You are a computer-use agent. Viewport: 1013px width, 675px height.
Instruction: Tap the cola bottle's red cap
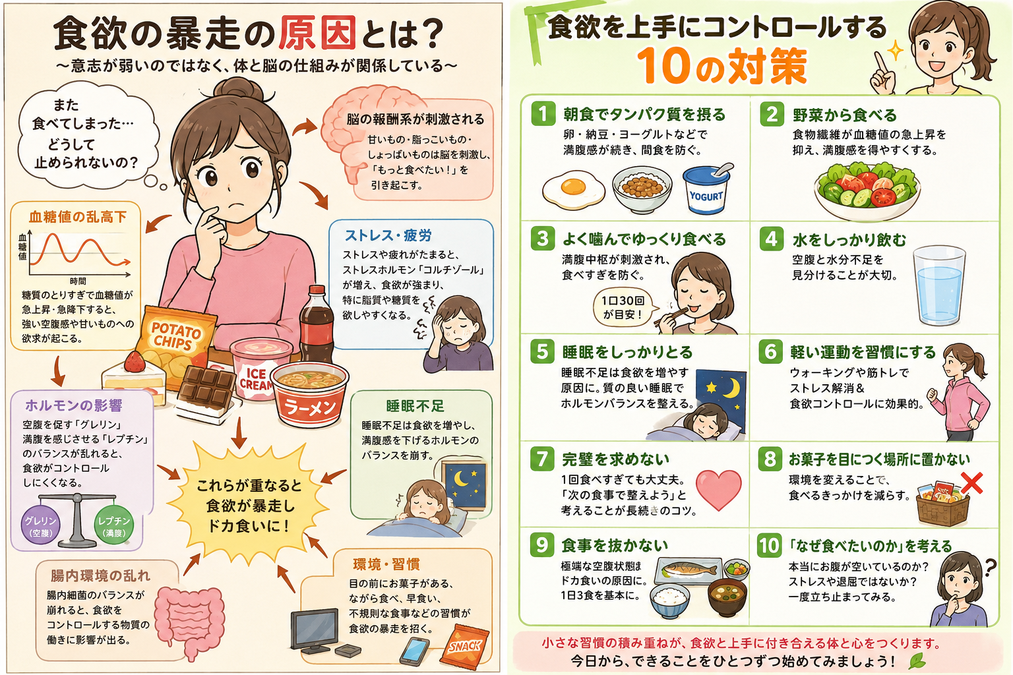(317, 290)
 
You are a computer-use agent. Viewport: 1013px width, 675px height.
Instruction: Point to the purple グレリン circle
(41, 527)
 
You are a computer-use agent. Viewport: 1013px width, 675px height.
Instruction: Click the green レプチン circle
(114, 527)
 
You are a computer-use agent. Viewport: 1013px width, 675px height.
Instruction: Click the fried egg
(573, 189)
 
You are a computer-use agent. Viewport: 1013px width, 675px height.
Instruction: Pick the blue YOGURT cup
(706, 189)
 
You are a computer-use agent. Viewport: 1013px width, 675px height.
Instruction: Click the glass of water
(939, 285)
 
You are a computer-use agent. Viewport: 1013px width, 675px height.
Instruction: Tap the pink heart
(718, 489)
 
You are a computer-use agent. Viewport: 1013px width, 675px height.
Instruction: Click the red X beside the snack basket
(971, 483)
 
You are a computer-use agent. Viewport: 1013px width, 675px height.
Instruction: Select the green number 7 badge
(542, 459)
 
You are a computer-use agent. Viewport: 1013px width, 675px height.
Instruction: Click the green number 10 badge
(769, 545)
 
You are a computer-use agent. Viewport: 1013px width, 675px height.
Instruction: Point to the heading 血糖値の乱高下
(78, 217)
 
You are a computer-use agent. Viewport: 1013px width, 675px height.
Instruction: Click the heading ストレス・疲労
(388, 235)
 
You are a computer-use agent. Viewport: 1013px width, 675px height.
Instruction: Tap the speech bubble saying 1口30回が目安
(623, 307)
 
